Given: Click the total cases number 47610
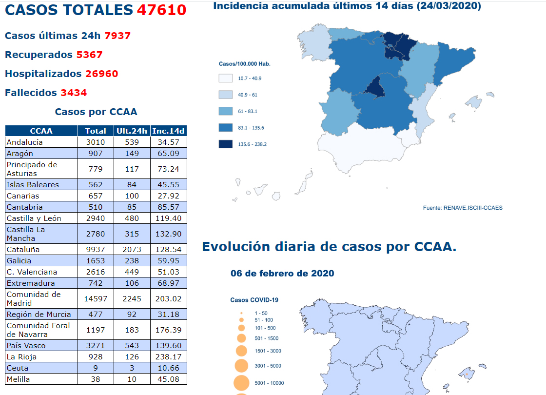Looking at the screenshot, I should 161,10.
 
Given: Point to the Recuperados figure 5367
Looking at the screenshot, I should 89,55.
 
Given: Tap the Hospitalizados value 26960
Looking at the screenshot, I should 101,74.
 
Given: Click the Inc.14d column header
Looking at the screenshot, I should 169,131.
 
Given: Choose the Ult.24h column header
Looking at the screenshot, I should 132,131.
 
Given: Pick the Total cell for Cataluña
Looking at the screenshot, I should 96,249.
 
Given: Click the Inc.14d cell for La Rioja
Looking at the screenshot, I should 169,356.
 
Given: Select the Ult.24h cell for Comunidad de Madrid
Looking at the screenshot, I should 132,298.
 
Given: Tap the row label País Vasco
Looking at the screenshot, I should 26,345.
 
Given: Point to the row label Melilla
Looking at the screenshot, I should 18,379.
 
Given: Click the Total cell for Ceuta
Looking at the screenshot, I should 96,368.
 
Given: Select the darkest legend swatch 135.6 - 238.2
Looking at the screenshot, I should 226,144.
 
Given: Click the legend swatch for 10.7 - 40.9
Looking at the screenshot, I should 226,78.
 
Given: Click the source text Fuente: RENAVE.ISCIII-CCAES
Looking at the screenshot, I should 462,208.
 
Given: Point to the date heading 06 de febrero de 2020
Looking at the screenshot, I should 282,273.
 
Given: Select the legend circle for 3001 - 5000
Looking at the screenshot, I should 241,366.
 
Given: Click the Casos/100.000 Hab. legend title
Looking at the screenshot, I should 244,64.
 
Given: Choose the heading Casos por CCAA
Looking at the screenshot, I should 96,112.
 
